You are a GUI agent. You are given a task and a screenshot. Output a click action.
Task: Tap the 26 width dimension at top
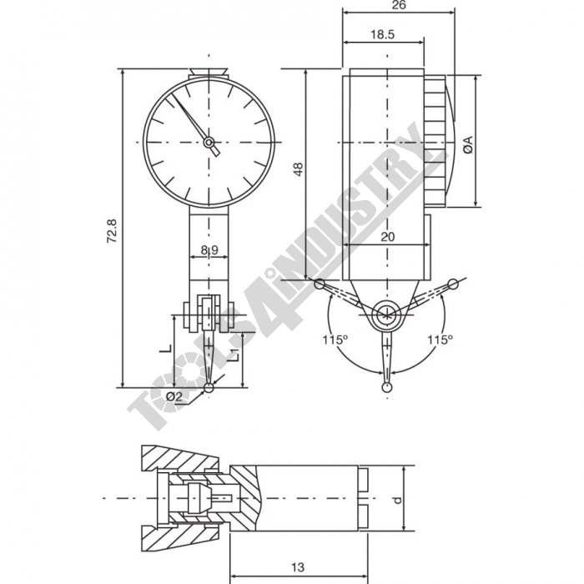coord(399,5)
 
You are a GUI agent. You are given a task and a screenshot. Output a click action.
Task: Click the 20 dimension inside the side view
coord(386,237)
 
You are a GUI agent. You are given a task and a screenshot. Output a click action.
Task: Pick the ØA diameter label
coord(468,143)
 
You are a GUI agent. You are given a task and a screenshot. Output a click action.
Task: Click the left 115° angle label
coord(334,340)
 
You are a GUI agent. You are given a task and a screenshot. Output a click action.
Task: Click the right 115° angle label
coord(439,340)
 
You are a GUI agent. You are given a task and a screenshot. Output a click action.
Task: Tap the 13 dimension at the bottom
coord(297,566)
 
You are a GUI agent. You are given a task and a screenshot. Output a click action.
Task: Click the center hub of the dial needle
coord(209,142)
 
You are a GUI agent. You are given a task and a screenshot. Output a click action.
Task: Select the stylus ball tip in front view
coord(209,387)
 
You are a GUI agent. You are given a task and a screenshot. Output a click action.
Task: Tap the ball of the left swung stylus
coord(319,284)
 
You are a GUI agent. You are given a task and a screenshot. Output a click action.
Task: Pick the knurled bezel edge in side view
coord(435,142)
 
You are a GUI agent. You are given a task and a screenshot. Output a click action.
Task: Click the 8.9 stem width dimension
coord(209,249)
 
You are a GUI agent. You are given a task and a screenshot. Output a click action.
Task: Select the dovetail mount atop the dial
coord(209,73)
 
